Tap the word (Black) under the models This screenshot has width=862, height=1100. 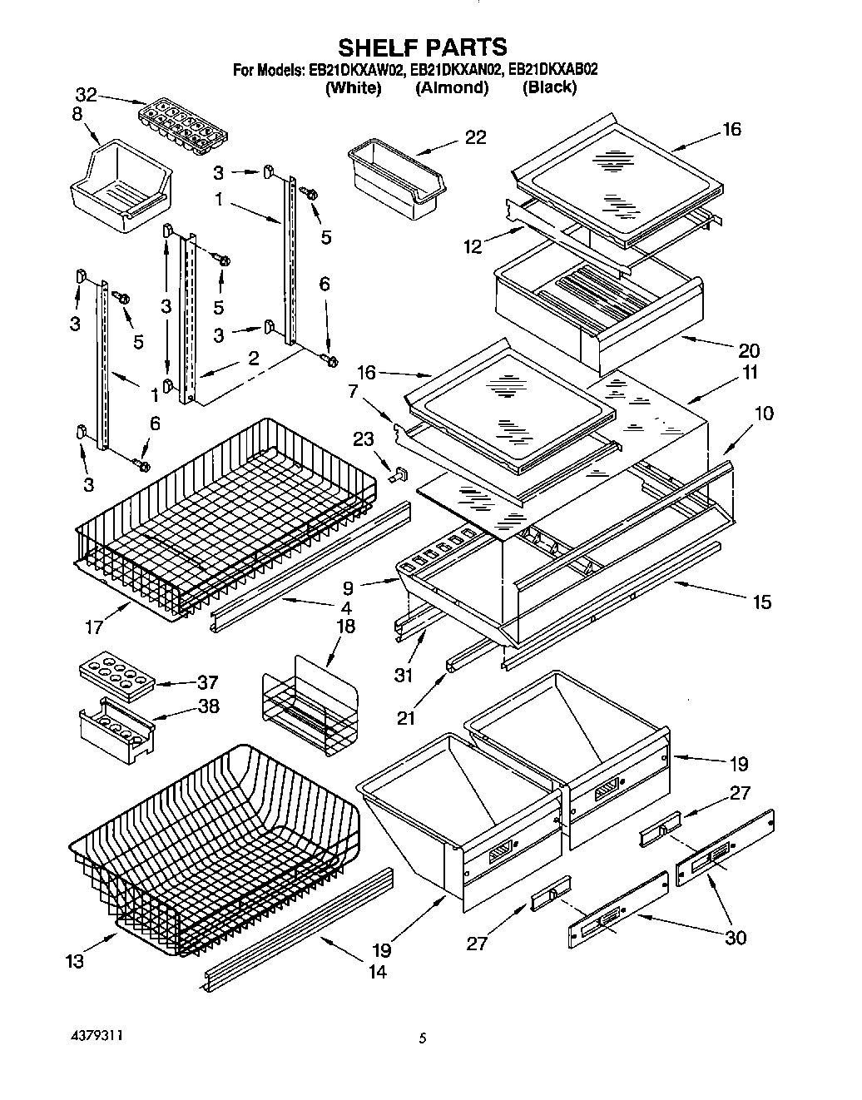(x=549, y=87)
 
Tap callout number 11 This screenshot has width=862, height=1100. (x=750, y=373)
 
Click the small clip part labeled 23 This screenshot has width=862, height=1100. (x=397, y=474)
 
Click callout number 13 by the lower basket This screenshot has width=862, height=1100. (x=74, y=961)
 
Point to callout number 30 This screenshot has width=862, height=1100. (x=735, y=937)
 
